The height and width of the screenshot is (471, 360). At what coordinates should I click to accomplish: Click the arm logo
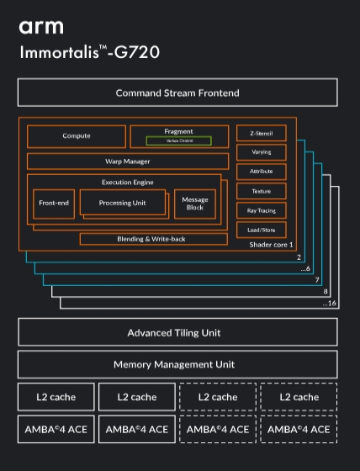(40, 28)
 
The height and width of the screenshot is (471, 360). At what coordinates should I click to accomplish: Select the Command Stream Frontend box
(177, 93)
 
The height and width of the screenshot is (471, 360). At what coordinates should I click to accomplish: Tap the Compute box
(77, 136)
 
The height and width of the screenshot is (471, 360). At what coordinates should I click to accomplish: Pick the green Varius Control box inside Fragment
(178, 141)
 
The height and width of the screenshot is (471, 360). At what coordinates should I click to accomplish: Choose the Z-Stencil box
(262, 134)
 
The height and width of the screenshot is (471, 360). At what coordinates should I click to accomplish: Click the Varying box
(262, 152)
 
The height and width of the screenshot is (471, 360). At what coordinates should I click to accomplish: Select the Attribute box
(262, 172)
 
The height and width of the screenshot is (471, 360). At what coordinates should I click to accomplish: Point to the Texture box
(262, 191)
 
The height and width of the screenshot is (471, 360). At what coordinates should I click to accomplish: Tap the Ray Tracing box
(262, 210)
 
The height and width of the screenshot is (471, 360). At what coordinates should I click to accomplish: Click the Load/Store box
(262, 230)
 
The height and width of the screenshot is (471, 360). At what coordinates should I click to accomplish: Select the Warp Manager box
(127, 161)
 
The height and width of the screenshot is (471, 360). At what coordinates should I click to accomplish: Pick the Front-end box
(53, 203)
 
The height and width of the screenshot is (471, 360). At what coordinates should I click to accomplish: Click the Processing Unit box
(122, 203)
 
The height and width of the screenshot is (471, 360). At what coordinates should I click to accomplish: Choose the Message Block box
(195, 204)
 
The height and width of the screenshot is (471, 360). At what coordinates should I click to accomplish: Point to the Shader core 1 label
(272, 245)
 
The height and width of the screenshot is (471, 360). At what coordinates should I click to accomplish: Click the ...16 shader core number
(330, 303)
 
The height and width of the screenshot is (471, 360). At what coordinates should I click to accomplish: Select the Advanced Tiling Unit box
(177, 332)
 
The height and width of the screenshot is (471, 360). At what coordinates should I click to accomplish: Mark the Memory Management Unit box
(177, 364)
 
